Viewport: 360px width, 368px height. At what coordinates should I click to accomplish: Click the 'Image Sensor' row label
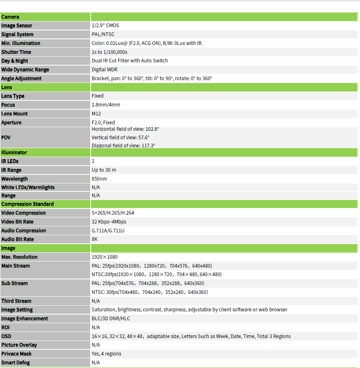coord(17,26)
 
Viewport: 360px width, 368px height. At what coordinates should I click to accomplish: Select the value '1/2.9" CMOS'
coord(105,26)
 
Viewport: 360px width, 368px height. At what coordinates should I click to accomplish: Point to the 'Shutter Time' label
coord(16,52)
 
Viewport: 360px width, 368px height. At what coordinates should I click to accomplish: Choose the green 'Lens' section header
coord(7,87)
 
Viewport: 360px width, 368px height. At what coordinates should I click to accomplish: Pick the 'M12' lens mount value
coord(97,114)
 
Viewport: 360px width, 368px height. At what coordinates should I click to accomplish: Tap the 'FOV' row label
coord(6,138)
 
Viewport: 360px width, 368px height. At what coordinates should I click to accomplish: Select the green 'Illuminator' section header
coord(14,153)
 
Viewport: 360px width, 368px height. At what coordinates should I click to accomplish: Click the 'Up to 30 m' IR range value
coord(104,170)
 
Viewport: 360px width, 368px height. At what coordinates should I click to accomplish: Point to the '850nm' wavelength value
coord(99,179)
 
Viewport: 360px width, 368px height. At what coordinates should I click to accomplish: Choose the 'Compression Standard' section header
coord(28,204)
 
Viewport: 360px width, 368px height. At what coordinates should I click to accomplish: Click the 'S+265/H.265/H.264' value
coord(113,213)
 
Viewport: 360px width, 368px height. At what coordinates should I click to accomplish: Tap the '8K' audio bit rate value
coord(95,239)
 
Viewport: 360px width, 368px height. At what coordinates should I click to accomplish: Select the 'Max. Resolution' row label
coord(19,257)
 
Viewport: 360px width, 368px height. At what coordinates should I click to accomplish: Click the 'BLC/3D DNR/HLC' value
coord(111,319)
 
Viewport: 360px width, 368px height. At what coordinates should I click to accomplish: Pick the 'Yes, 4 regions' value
coord(106,354)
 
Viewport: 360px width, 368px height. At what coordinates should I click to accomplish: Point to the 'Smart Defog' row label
coord(15,363)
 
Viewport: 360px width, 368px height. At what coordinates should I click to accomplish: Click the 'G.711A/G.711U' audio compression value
coord(108,231)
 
